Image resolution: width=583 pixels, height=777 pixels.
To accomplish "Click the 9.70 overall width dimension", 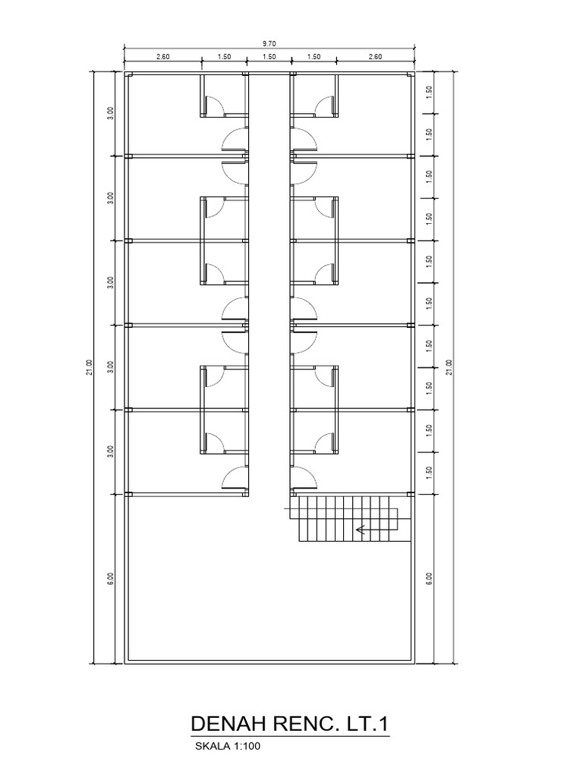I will pyautogui.click(x=269, y=44).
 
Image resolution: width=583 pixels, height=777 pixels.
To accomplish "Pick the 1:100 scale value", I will pyautogui.click(x=246, y=746).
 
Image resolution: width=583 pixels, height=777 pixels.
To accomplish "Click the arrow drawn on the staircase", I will pyautogui.click(x=370, y=530).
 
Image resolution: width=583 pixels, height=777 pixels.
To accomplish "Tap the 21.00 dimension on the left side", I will pyautogui.click(x=90, y=366).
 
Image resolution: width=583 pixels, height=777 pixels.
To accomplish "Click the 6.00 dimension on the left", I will pyautogui.click(x=111, y=577).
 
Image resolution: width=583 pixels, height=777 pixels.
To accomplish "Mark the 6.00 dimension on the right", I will pyautogui.click(x=430, y=577).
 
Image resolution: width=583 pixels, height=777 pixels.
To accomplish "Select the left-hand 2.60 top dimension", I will pyautogui.click(x=163, y=56).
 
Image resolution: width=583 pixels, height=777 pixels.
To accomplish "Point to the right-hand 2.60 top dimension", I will pyautogui.click(x=375, y=56).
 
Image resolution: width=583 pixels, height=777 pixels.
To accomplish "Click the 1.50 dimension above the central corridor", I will pyautogui.click(x=269, y=56).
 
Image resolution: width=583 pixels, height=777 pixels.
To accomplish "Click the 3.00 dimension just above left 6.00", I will pyautogui.click(x=111, y=451).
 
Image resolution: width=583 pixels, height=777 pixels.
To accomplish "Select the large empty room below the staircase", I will pyautogui.click(x=269, y=599).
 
